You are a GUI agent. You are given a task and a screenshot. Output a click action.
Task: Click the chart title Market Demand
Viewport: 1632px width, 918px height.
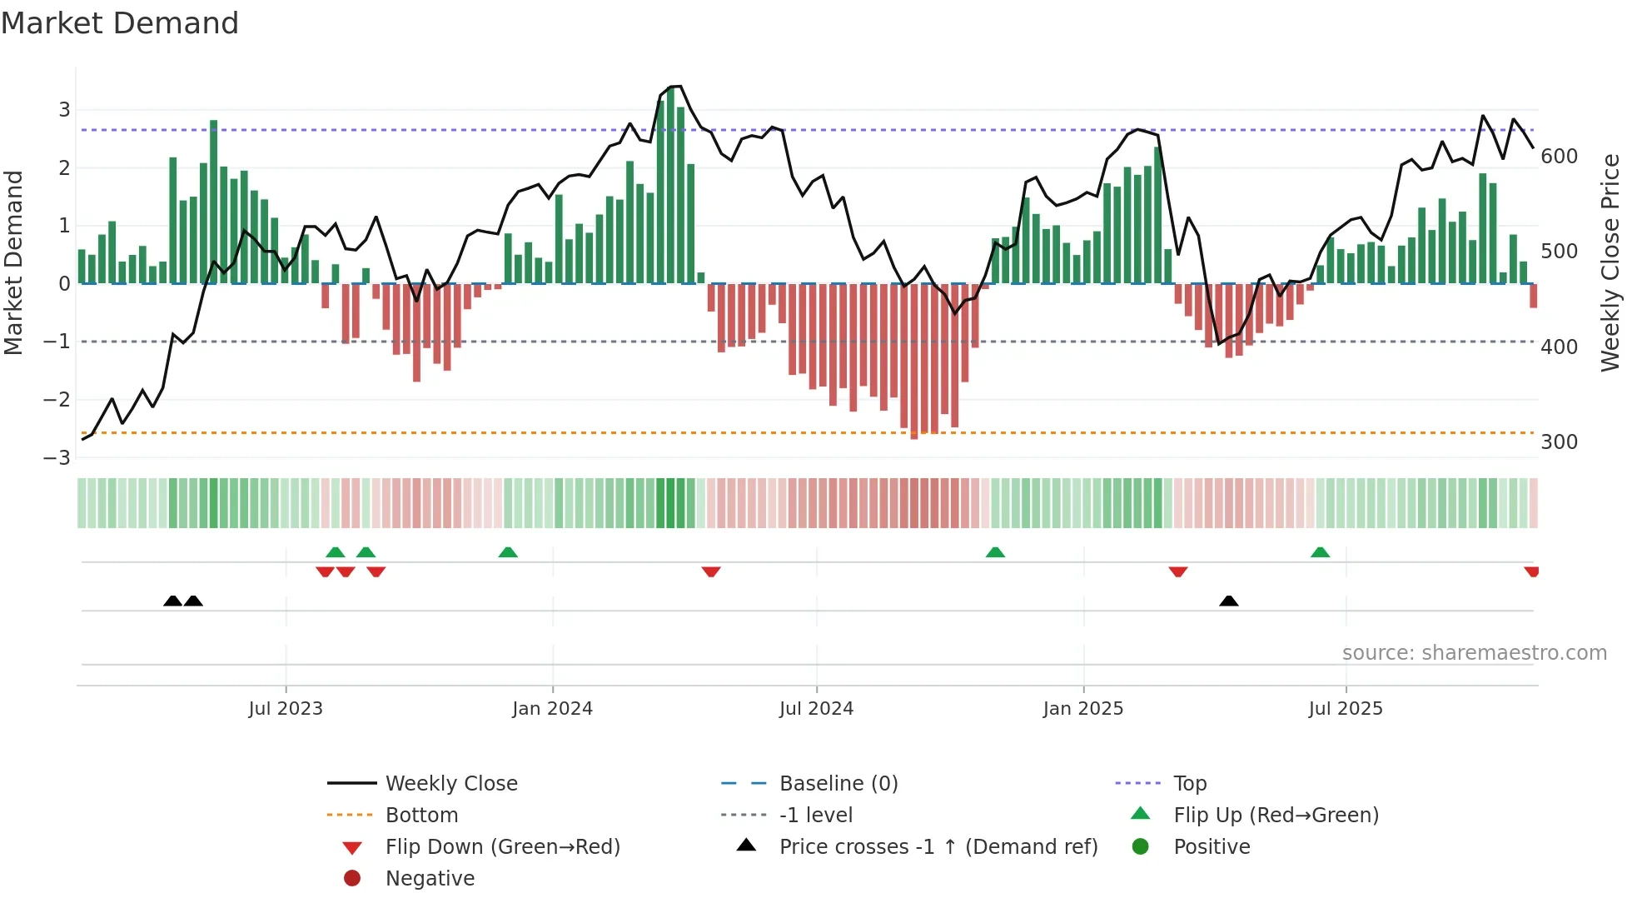[x=120, y=23]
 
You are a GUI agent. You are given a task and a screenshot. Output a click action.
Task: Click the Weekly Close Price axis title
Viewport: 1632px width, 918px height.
[x=1610, y=262]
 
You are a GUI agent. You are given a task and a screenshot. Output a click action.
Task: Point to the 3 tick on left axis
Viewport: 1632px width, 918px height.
[x=64, y=110]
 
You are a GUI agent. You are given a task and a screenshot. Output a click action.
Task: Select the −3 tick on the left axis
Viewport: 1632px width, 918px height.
[x=57, y=458]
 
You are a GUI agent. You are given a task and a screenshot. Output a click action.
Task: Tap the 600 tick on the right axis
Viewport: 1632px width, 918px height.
[x=1559, y=157]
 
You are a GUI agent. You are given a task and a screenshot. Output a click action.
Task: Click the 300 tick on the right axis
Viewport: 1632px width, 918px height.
[x=1559, y=442]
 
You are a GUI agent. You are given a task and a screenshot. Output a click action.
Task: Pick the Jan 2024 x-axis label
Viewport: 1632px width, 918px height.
[x=552, y=709]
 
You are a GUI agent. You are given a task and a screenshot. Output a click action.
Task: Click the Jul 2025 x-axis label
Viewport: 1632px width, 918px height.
[x=1345, y=709]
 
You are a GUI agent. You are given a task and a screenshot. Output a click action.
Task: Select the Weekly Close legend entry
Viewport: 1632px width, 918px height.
[x=450, y=784]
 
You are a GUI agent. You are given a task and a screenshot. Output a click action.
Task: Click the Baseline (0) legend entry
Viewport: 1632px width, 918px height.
[x=838, y=784]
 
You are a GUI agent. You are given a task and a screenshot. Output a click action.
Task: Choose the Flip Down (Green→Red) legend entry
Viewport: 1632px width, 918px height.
[x=502, y=847]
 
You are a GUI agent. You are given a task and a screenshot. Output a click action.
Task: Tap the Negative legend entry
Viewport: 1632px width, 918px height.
[x=430, y=879]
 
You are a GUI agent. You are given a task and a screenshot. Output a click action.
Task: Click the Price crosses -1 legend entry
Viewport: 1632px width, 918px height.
[x=938, y=847]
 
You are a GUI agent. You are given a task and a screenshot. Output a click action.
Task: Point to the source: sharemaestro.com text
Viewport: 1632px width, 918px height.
[x=1474, y=653]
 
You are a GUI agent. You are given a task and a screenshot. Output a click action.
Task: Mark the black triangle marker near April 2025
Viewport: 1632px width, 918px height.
[x=1228, y=601]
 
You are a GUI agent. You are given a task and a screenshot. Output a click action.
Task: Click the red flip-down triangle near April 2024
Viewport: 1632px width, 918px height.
[x=710, y=571]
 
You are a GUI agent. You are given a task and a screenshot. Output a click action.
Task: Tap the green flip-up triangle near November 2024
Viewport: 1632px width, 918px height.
[x=995, y=552]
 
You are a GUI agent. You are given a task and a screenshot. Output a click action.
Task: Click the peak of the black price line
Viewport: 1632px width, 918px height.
[x=678, y=87]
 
